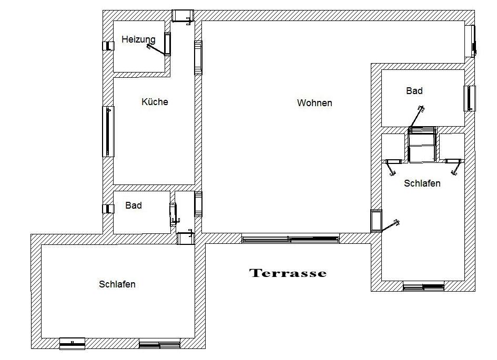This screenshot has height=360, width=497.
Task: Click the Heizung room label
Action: pos(138,39)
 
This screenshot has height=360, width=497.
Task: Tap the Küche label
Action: pos(155,101)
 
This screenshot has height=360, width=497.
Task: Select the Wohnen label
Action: pos(315,103)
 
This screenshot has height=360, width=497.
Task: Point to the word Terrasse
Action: pos(288,273)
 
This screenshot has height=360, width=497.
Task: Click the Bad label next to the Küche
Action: pos(134,205)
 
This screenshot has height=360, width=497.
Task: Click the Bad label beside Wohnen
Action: pos(414,91)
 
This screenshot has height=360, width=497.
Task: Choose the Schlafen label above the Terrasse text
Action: pos(422,183)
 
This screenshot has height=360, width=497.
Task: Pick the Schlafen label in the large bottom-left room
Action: pos(117,284)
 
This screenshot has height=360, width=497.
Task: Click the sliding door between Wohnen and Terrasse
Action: pos(290,239)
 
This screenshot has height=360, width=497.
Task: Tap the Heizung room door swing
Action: pos(156,50)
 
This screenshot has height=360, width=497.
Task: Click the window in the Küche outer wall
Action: pos(108,131)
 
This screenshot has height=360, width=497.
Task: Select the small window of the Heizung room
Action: pos(108,46)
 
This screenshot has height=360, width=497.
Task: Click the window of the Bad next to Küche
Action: pos(108,209)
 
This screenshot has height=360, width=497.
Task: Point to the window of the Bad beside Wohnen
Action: pos(470,98)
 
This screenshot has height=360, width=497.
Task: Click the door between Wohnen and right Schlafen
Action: pos(376,221)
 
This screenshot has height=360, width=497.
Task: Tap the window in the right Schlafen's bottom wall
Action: pos(423,287)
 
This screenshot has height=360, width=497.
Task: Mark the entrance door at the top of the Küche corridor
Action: pos(182,16)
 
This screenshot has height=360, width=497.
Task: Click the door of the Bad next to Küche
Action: pos(174,214)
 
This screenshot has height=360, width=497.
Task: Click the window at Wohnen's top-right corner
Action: pos(473,41)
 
